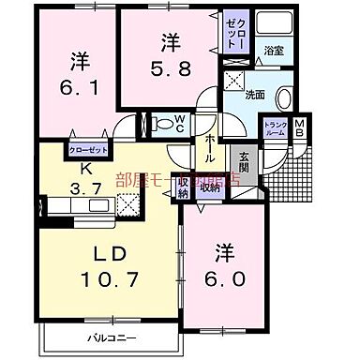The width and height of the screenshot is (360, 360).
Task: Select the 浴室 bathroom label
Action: pos(274,49)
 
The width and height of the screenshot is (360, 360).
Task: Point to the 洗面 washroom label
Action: pos(255,94)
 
